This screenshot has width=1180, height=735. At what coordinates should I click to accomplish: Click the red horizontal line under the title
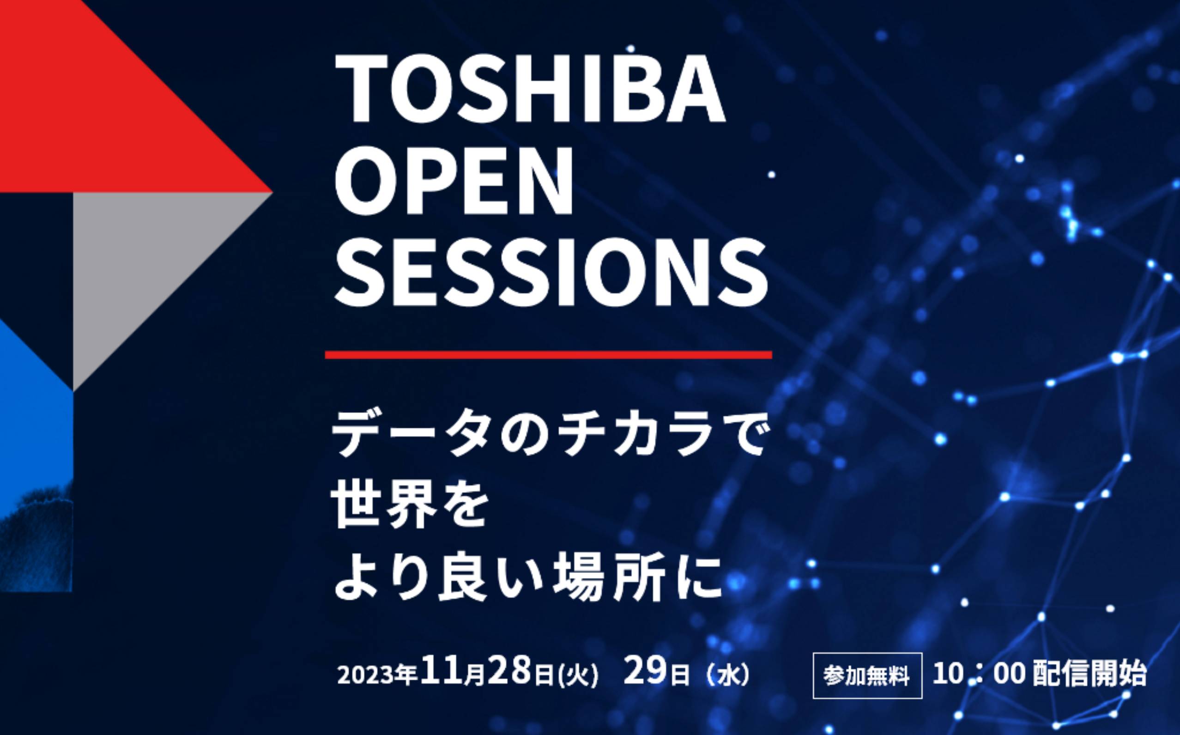pyautogui.click(x=548, y=354)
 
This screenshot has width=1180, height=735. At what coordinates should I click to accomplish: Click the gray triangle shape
pyautogui.click(x=146, y=258)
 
